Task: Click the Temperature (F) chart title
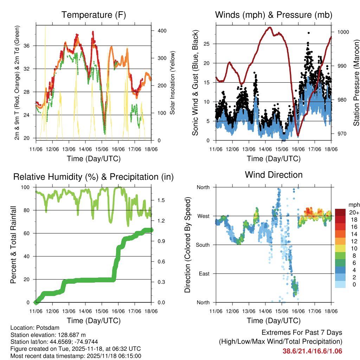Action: (94, 15)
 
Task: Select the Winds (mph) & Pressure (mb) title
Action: (274, 15)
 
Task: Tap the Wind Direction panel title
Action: (274, 175)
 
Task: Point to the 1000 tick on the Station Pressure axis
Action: (343, 32)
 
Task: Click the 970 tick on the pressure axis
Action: (342, 134)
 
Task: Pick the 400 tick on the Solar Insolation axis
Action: (161, 31)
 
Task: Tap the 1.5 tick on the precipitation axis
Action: (161, 200)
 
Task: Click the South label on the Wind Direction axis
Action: (203, 245)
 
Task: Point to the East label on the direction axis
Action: (204, 274)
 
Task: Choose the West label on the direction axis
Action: (203, 216)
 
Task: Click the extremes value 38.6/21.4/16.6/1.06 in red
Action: (312, 351)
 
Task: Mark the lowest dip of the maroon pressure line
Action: (298, 135)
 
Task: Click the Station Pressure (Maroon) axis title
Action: (356, 83)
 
